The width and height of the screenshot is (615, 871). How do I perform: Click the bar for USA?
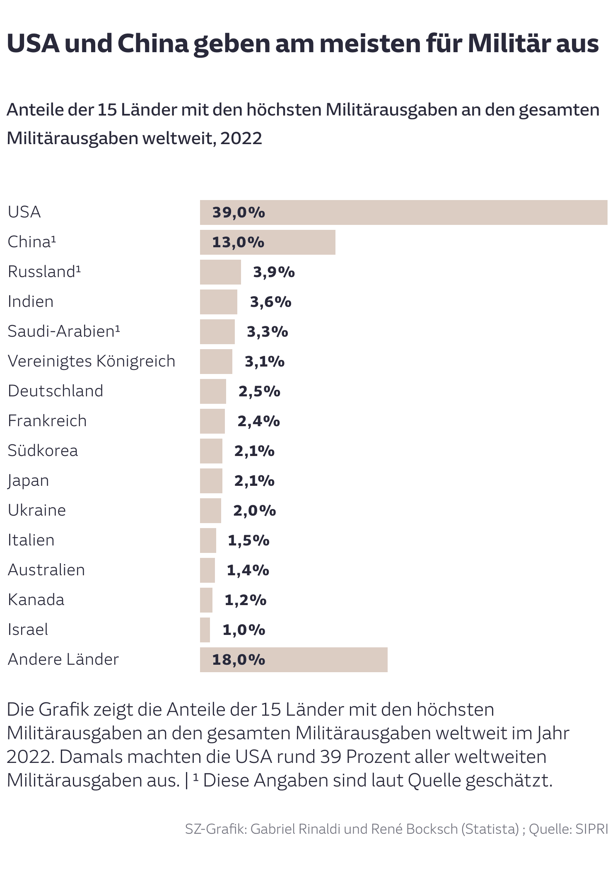pyautogui.click(x=403, y=212)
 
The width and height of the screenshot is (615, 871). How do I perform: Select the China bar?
pyautogui.click(x=268, y=242)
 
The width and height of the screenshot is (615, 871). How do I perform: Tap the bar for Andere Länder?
pyautogui.click(x=294, y=660)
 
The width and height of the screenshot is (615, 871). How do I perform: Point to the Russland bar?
pyautogui.click(x=220, y=272)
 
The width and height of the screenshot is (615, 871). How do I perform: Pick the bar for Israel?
pyautogui.click(x=205, y=630)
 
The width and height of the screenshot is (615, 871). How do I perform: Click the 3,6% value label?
pyautogui.click(x=270, y=302)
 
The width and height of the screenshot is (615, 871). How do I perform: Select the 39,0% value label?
pyautogui.click(x=239, y=212)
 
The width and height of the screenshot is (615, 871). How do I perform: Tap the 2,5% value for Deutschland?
pyautogui.click(x=259, y=391)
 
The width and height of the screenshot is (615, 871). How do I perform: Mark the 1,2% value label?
pyautogui.click(x=245, y=600)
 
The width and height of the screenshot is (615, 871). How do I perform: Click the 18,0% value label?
pyautogui.click(x=239, y=660)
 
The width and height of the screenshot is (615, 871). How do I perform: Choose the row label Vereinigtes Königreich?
pyautogui.click(x=92, y=361)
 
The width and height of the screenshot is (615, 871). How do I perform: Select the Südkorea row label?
pyautogui.click(x=43, y=451)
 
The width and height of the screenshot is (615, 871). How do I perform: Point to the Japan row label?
pyautogui.click(x=28, y=481)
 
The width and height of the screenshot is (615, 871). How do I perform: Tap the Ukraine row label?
pyautogui.click(x=37, y=510)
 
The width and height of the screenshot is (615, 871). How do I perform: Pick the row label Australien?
pyautogui.click(x=46, y=570)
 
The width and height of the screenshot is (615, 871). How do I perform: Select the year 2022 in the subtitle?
pyautogui.click(x=241, y=138)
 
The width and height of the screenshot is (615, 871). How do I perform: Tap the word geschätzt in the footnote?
pyautogui.click(x=509, y=781)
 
